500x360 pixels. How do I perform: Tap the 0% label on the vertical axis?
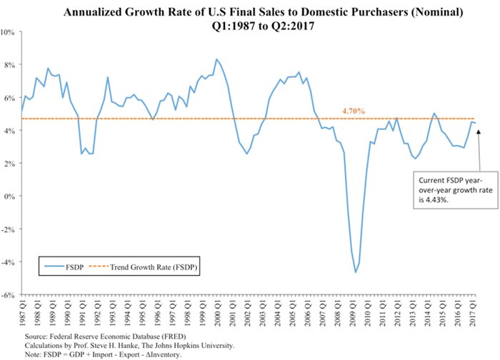pos(11,196)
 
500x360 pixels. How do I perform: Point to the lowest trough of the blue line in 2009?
pos(356,272)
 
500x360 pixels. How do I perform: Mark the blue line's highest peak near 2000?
pos(216,59)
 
